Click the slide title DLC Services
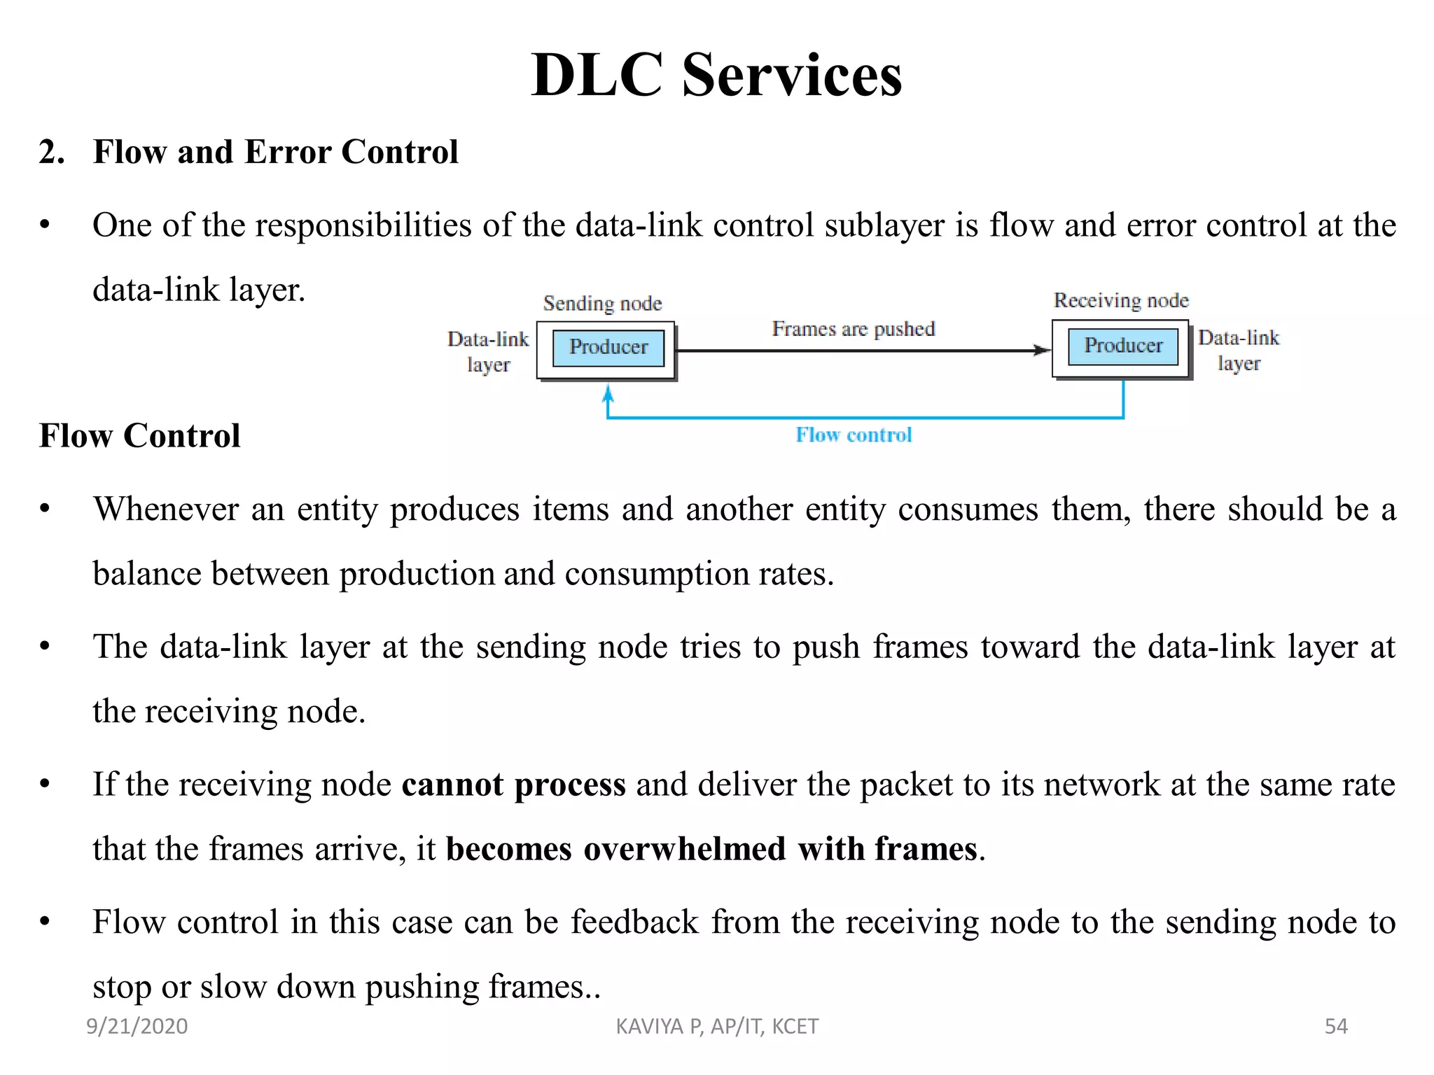click(x=716, y=75)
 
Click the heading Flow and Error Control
click(x=275, y=152)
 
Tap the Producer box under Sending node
click(x=608, y=348)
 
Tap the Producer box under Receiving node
click(x=1122, y=346)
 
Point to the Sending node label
click(x=602, y=304)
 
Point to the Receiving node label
click(x=1121, y=301)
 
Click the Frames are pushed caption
click(x=853, y=329)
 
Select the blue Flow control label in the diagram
click(x=854, y=435)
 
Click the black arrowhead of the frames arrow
click(x=1042, y=351)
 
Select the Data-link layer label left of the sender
click(x=488, y=352)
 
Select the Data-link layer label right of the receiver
click(x=1238, y=351)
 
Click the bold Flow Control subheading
click(x=139, y=436)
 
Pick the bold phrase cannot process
click(x=513, y=785)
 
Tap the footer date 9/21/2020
click(x=137, y=1026)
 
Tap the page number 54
click(x=1336, y=1026)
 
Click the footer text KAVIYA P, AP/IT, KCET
click(x=717, y=1026)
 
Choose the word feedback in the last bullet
click(x=634, y=922)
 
